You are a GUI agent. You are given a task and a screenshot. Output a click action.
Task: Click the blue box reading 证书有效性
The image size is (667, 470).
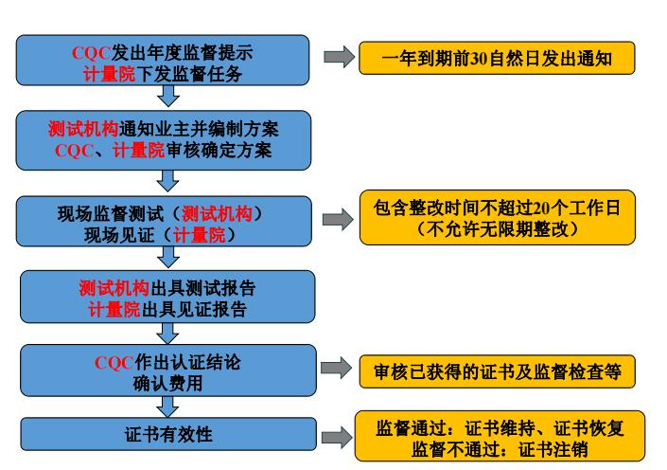tap(168, 435)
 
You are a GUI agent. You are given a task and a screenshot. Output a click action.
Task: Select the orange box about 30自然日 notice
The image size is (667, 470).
tap(496, 59)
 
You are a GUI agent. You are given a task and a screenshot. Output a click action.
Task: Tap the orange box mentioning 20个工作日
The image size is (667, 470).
tap(496, 218)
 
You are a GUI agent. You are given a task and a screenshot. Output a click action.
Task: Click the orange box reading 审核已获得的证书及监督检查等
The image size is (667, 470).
tap(496, 371)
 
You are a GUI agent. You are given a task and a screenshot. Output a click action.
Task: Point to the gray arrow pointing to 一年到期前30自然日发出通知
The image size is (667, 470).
tap(338, 59)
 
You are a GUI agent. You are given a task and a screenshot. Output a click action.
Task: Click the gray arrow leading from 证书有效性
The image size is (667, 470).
tap(337, 437)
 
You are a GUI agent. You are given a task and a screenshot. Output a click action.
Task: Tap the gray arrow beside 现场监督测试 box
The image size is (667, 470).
tap(337, 220)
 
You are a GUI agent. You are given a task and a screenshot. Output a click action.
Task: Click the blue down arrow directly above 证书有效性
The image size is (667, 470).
tap(168, 407)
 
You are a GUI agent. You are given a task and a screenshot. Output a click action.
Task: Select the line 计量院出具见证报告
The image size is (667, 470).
tap(168, 309)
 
